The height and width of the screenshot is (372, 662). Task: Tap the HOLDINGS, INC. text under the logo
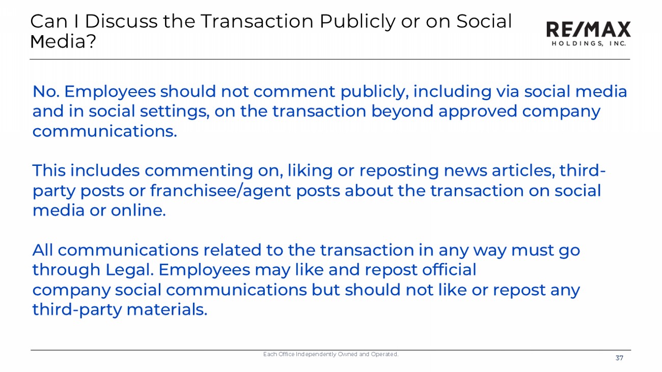(x=589, y=44)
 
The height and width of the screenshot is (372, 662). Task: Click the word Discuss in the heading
(x=121, y=21)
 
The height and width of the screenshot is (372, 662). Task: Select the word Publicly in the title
(x=357, y=22)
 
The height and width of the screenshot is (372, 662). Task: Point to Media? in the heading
(x=63, y=41)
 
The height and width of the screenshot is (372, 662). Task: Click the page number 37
(x=619, y=358)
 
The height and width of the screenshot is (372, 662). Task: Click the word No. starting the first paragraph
(x=46, y=91)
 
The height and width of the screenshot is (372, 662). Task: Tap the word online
(x=139, y=211)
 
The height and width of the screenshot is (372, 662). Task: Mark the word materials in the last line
(x=167, y=310)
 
